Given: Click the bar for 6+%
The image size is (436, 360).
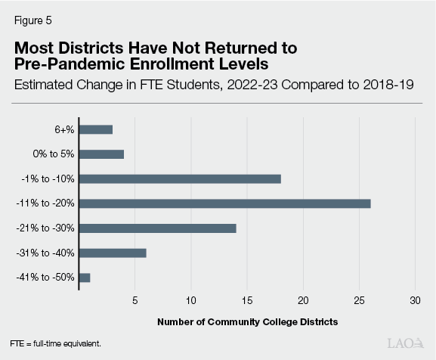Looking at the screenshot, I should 95,129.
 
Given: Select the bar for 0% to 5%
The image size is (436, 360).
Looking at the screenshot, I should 100,154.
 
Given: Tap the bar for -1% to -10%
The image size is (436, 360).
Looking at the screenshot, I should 179,178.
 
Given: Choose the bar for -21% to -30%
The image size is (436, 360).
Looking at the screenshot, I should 157,228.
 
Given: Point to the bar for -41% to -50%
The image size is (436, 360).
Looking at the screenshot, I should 84,278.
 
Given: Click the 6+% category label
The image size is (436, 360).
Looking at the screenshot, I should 63,129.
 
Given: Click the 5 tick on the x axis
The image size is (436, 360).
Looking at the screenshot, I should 135,300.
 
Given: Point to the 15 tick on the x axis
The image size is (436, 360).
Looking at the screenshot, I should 247,300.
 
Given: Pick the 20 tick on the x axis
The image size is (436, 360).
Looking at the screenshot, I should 303,300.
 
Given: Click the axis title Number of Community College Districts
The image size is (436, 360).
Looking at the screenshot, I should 247,322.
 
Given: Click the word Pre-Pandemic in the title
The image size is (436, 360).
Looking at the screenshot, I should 66,63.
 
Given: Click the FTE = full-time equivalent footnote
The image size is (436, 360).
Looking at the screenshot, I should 55,343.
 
